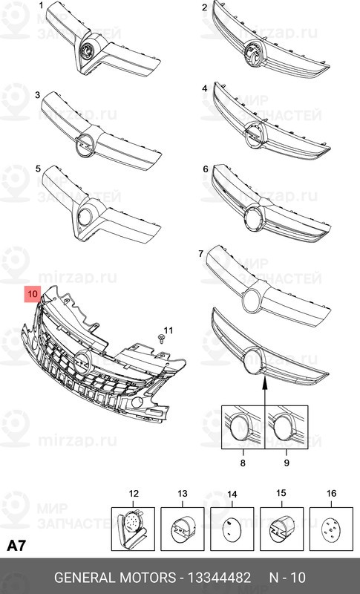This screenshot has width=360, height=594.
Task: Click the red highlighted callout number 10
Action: click(33, 294)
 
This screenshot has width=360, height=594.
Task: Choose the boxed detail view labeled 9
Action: click(287, 428)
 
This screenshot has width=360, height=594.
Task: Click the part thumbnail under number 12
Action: click(134, 525)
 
